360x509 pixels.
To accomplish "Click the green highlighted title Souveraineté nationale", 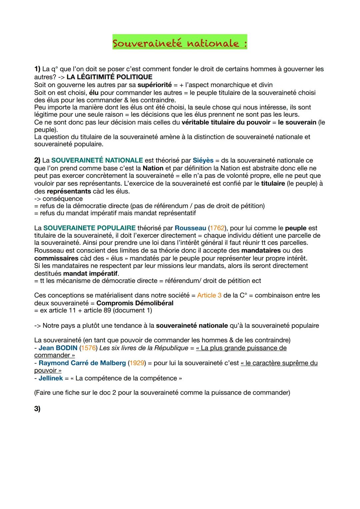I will (180, 43).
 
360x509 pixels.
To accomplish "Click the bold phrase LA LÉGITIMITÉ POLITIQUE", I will (109, 77).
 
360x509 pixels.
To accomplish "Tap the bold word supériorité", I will (154, 85).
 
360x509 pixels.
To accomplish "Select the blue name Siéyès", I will (203, 160).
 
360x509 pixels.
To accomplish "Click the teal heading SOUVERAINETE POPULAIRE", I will (89, 228).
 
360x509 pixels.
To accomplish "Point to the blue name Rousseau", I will (190, 228).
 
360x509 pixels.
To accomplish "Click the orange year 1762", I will (217, 228).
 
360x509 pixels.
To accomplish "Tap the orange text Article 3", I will (209, 295).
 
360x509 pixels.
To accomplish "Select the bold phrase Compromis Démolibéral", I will (135, 303).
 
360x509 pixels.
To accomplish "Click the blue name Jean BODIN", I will (58, 348).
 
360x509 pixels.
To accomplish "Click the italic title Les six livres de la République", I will (144, 348).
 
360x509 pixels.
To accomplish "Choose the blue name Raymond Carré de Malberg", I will (82, 363).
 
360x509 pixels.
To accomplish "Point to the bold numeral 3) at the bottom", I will (37, 409).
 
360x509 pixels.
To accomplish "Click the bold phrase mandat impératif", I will (90, 273).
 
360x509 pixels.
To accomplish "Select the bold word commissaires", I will (56, 258).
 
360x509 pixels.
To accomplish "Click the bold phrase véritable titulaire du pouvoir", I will (226, 122).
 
